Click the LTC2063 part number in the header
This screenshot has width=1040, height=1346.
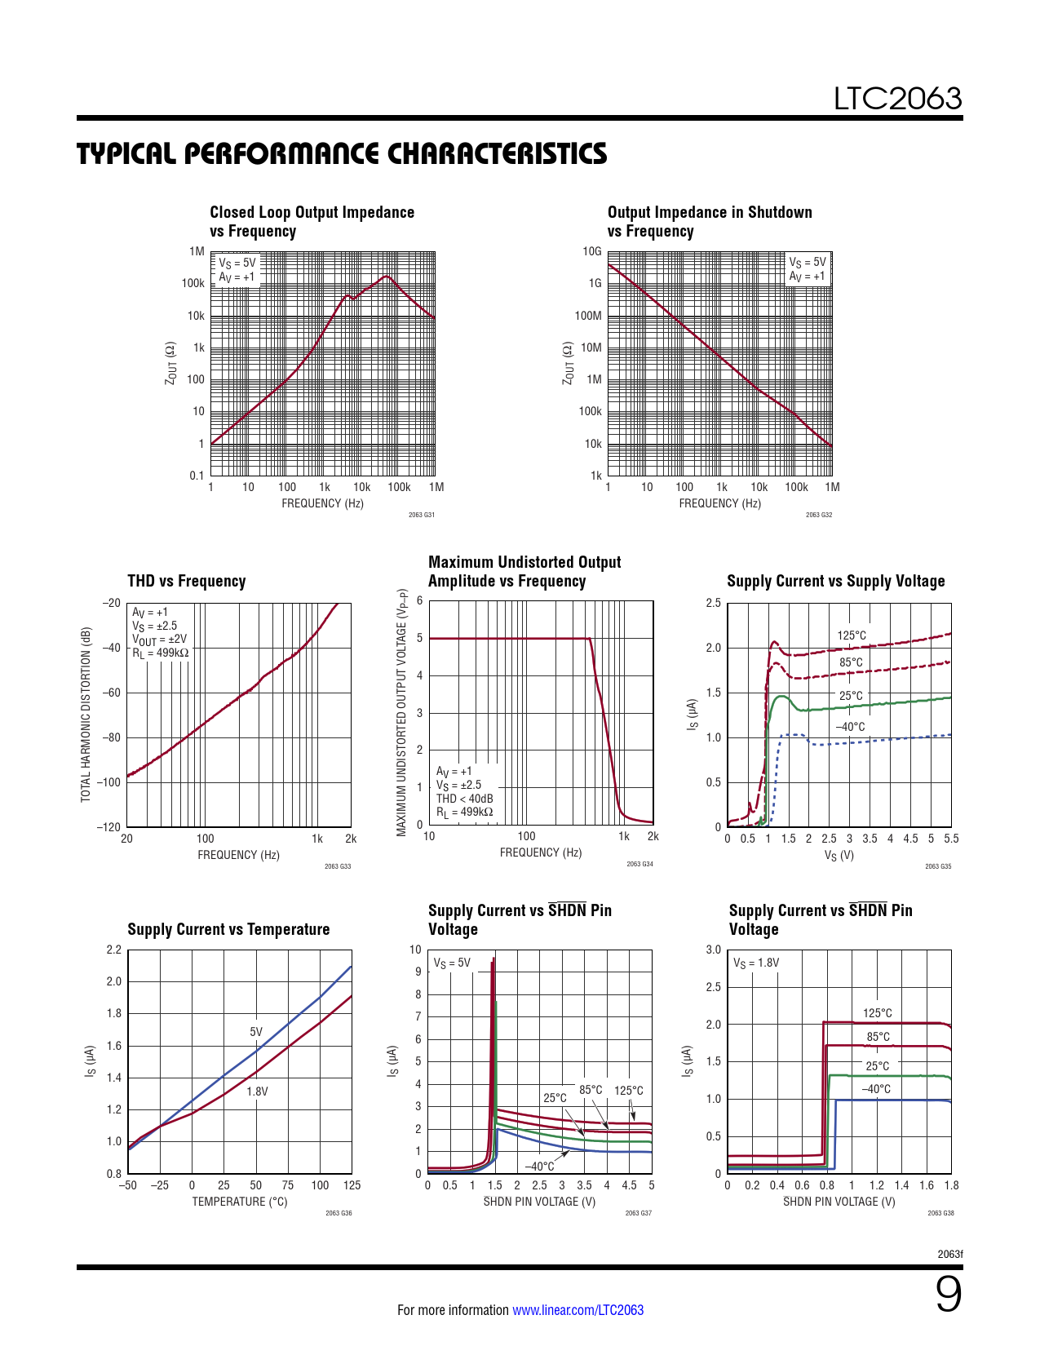coord(897,99)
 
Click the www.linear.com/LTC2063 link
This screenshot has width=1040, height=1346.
coord(578,1310)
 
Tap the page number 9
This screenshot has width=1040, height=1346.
coord(948,1294)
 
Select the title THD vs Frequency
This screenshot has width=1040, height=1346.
coord(186,581)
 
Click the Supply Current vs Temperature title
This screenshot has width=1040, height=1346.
coord(228,929)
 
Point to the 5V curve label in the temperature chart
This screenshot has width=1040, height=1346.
coord(256,1032)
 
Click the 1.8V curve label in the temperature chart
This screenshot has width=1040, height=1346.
coord(257,1091)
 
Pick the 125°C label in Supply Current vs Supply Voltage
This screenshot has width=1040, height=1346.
coord(852,635)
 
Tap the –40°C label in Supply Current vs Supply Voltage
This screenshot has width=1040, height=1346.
coord(850,727)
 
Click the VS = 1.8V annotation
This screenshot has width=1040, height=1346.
coord(755,963)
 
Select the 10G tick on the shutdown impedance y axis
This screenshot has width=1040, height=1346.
coord(591,251)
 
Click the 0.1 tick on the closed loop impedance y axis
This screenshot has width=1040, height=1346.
coord(197,476)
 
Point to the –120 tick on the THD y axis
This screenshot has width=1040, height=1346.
coord(110,827)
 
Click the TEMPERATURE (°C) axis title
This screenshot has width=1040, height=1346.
coord(239,1202)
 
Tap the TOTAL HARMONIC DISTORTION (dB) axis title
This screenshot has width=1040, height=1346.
coord(86,715)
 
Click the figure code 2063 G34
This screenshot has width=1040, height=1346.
coord(639,864)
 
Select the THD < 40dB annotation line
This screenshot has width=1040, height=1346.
coord(464,799)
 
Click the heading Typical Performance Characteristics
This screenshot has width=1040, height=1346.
coord(342,153)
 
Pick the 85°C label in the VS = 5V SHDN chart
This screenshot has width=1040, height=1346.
coord(591,1090)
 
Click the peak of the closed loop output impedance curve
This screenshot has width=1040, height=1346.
coord(387,277)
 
